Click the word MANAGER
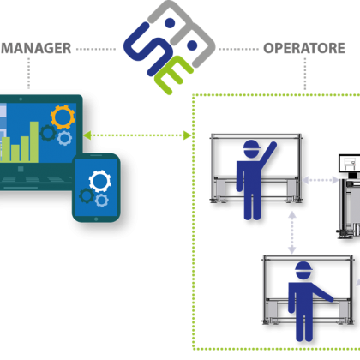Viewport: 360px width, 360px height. click(x=36, y=48)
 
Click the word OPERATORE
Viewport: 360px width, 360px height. click(x=304, y=48)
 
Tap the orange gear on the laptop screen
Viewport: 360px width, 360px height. click(x=63, y=117)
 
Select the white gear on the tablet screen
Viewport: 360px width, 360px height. click(x=99, y=181)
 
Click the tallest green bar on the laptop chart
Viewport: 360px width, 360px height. click(x=34, y=142)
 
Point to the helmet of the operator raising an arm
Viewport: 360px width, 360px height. click(x=251, y=148)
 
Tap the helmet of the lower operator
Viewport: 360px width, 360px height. click(x=303, y=270)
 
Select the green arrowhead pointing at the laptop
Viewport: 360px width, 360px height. click(x=87, y=135)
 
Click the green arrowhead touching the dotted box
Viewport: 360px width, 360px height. click(x=188, y=135)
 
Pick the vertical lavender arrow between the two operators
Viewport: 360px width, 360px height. click(x=291, y=232)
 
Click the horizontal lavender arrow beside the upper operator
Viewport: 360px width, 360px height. click(x=321, y=180)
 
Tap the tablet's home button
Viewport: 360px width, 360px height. click(x=96, y=219)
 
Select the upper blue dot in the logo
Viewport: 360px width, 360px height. click(x=170, y=23)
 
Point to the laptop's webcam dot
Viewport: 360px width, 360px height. click(x=21, y=99)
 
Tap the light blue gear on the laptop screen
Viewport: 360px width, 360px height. click(x=64, y=138)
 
